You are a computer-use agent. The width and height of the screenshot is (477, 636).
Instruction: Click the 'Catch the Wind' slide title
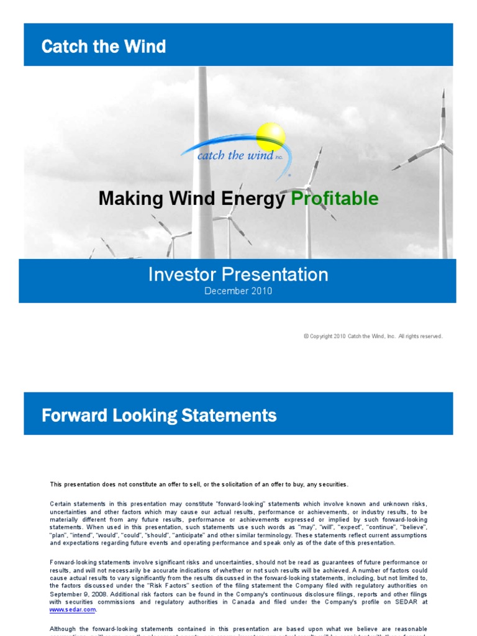[103, 47]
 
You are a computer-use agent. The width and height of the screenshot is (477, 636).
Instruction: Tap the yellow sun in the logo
[271, 137]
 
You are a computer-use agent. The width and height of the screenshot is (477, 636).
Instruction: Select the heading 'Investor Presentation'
[238, 275]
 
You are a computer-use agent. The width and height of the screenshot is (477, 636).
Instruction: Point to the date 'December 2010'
[238, 291]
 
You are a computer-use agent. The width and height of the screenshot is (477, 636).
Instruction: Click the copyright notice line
[373, 336]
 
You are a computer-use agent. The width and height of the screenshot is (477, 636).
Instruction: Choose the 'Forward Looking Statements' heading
[159, 415]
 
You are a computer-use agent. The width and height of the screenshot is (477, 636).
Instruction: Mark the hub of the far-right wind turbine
[442, 143]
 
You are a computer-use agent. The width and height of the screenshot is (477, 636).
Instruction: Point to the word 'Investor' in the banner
[179, 275]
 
